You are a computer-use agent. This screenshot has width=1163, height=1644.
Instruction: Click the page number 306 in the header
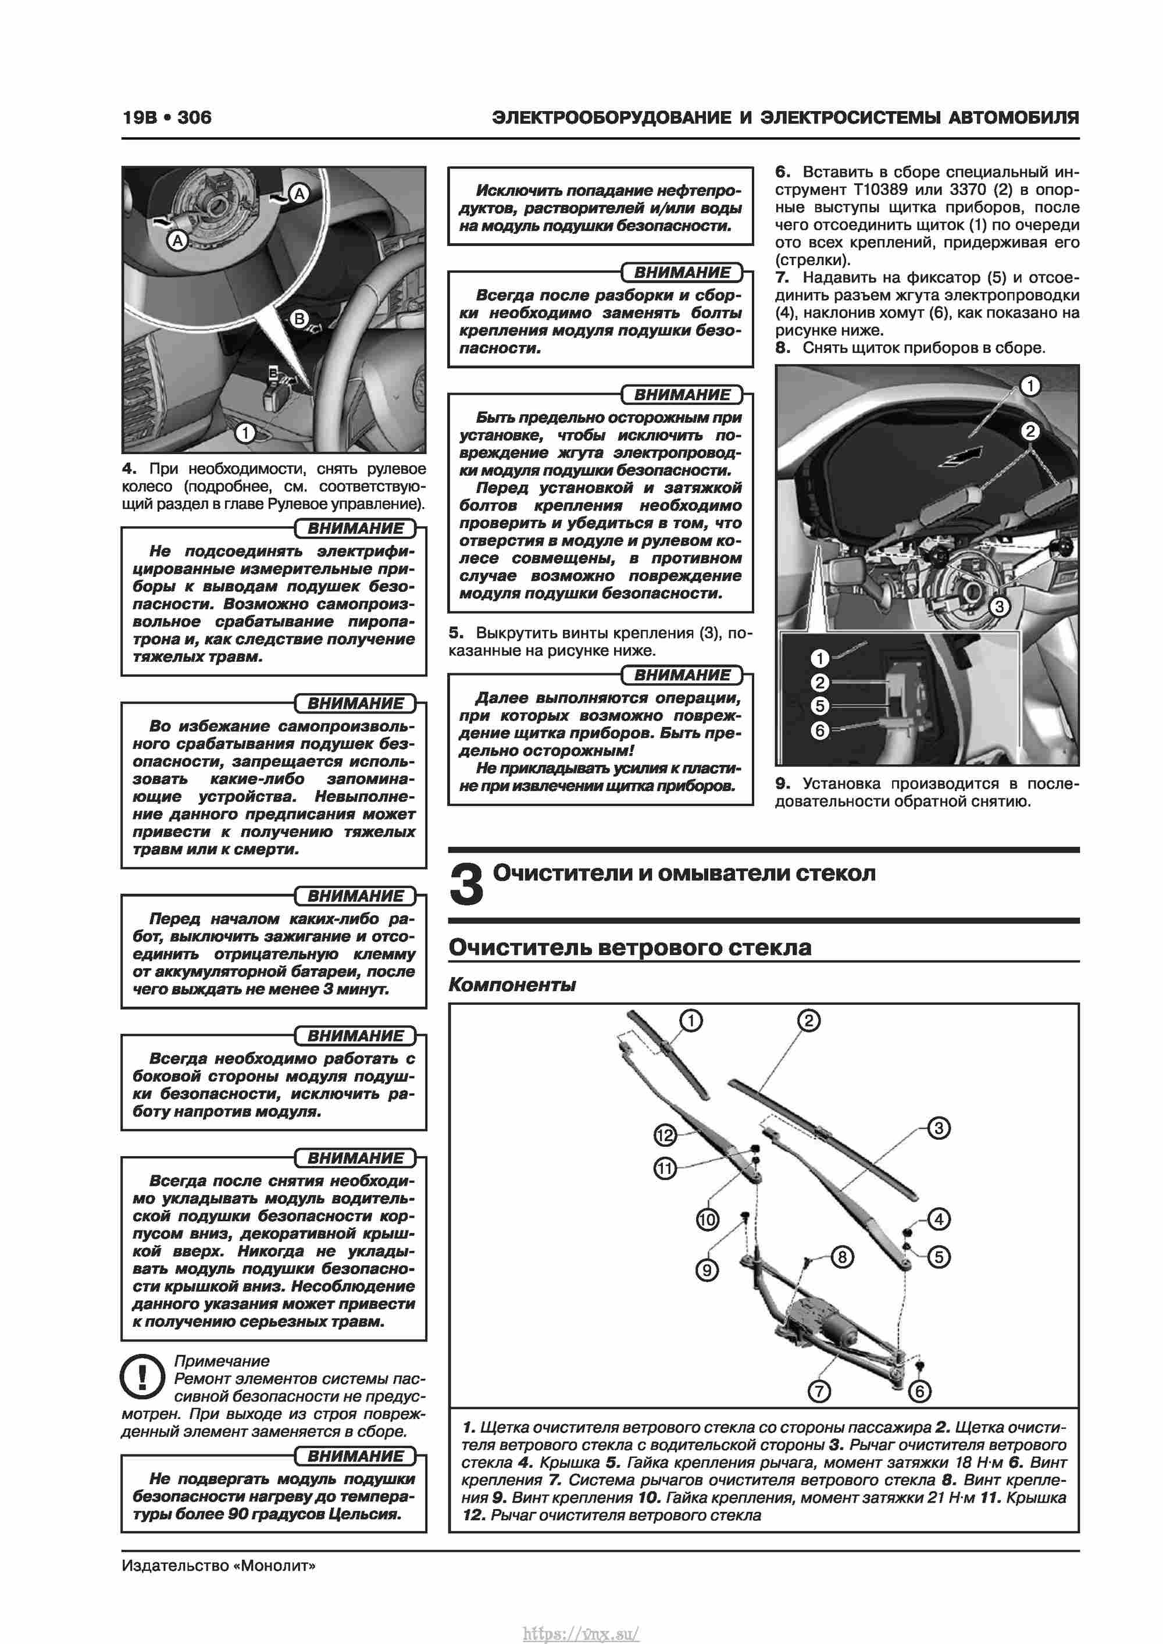point(194,117)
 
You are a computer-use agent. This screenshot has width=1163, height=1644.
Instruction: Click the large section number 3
point(466,885)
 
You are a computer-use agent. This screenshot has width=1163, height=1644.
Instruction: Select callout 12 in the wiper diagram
point(665,1135)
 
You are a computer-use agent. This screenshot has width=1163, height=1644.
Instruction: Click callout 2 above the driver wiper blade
point(808,1021)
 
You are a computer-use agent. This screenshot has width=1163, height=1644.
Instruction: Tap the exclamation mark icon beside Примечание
point(143,1376)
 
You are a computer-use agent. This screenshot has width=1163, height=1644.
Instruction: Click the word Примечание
point(222,1361)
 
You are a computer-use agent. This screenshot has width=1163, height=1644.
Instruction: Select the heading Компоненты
point(512,985)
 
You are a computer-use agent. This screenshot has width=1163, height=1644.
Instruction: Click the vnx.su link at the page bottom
point(581,1628)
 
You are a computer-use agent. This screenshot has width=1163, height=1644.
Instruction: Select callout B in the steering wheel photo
point(300,319)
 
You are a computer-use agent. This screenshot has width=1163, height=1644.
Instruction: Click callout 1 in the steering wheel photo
point(245,433)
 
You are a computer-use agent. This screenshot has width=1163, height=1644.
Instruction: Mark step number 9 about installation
point(782,783)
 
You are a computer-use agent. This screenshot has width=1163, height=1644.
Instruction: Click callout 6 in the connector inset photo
point(820,730)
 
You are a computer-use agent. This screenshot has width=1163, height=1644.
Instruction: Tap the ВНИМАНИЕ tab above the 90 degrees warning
point(355,1456)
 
